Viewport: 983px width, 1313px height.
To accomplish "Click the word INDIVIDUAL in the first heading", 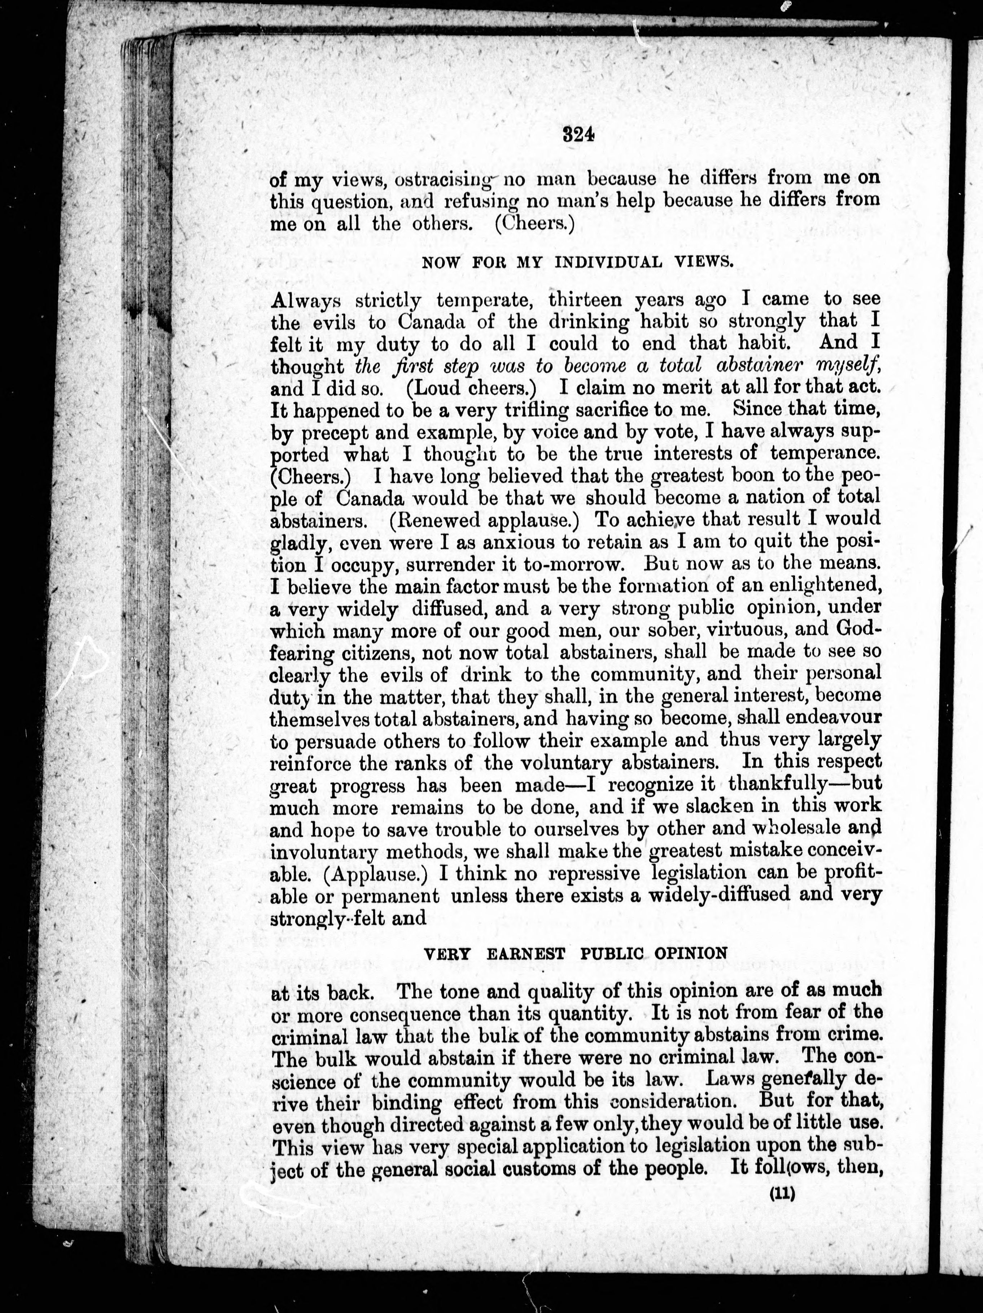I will (608, 263).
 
